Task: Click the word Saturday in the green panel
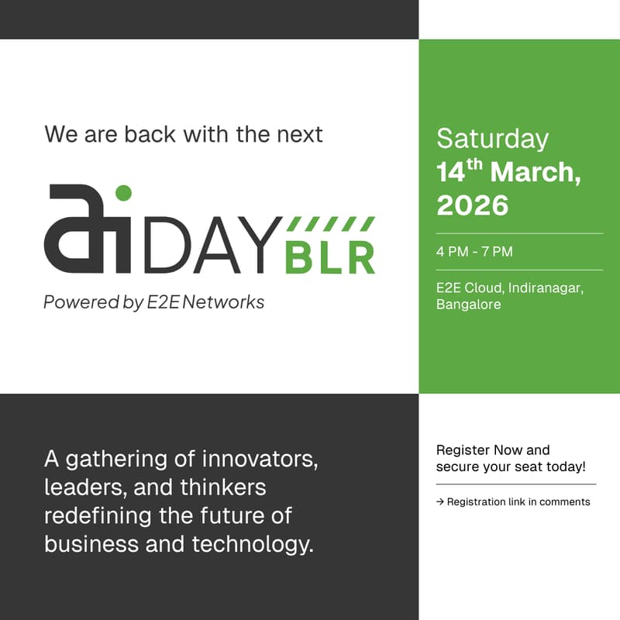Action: point(492,139)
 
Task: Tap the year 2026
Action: point(472,205)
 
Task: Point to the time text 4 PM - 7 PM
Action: point(474,252)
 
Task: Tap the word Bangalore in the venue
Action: point(468,305)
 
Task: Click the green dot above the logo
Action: point(123,192)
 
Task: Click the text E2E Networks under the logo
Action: point(205,302)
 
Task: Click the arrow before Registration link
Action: point(440,502)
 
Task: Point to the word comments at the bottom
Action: point(565,502)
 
